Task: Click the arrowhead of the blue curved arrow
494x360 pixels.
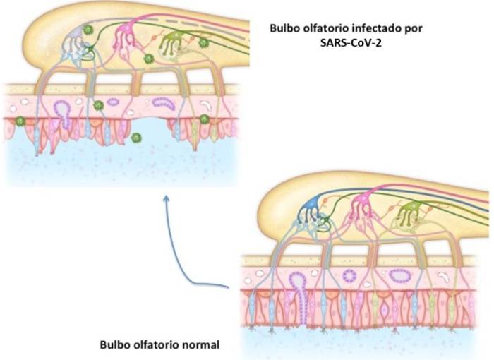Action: tap(167, 199)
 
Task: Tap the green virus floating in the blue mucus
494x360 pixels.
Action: tap(135, 136)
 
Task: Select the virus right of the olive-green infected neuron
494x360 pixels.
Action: tap(204, 43)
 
